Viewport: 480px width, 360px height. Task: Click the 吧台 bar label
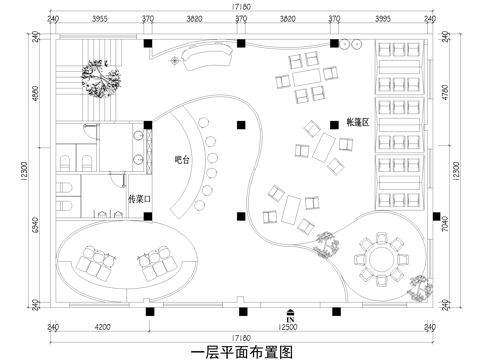click(181, 159)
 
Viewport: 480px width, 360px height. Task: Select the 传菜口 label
click(139, 200)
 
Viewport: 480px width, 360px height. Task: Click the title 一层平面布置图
click(239, 350)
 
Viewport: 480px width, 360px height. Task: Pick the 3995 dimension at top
click(383, 19)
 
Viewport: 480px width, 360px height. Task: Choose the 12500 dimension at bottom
click(290, 327)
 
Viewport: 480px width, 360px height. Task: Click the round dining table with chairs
click(380, 258)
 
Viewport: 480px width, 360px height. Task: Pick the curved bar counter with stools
click(190, 165)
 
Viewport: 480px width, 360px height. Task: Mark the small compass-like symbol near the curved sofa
click(176, 62)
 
